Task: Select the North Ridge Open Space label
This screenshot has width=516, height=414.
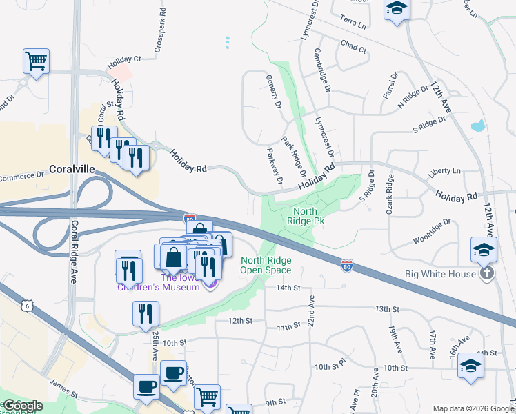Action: pyautogui.click(x=266, y=264)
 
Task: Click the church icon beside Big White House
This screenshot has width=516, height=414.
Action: pyautogui.click(x=487, y=273)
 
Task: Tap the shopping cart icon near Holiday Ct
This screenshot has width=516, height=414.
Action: pyautogui.click(x=36, y=61)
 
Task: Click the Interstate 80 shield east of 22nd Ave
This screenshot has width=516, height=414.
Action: pyautogui.click(x=348, y=264)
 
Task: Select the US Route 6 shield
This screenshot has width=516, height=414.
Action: pyautogui.click(x=26, y=305)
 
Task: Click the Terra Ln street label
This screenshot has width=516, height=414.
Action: pyautogui.click(x=353, y=24)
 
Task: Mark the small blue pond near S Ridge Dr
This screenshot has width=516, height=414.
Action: pyautogui.click(x=476, y=126)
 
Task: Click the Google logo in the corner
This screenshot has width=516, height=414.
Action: pyautogui.click(x=23, y=406)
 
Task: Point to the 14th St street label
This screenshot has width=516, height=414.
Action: pyautogui.click(x=288, y=288)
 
